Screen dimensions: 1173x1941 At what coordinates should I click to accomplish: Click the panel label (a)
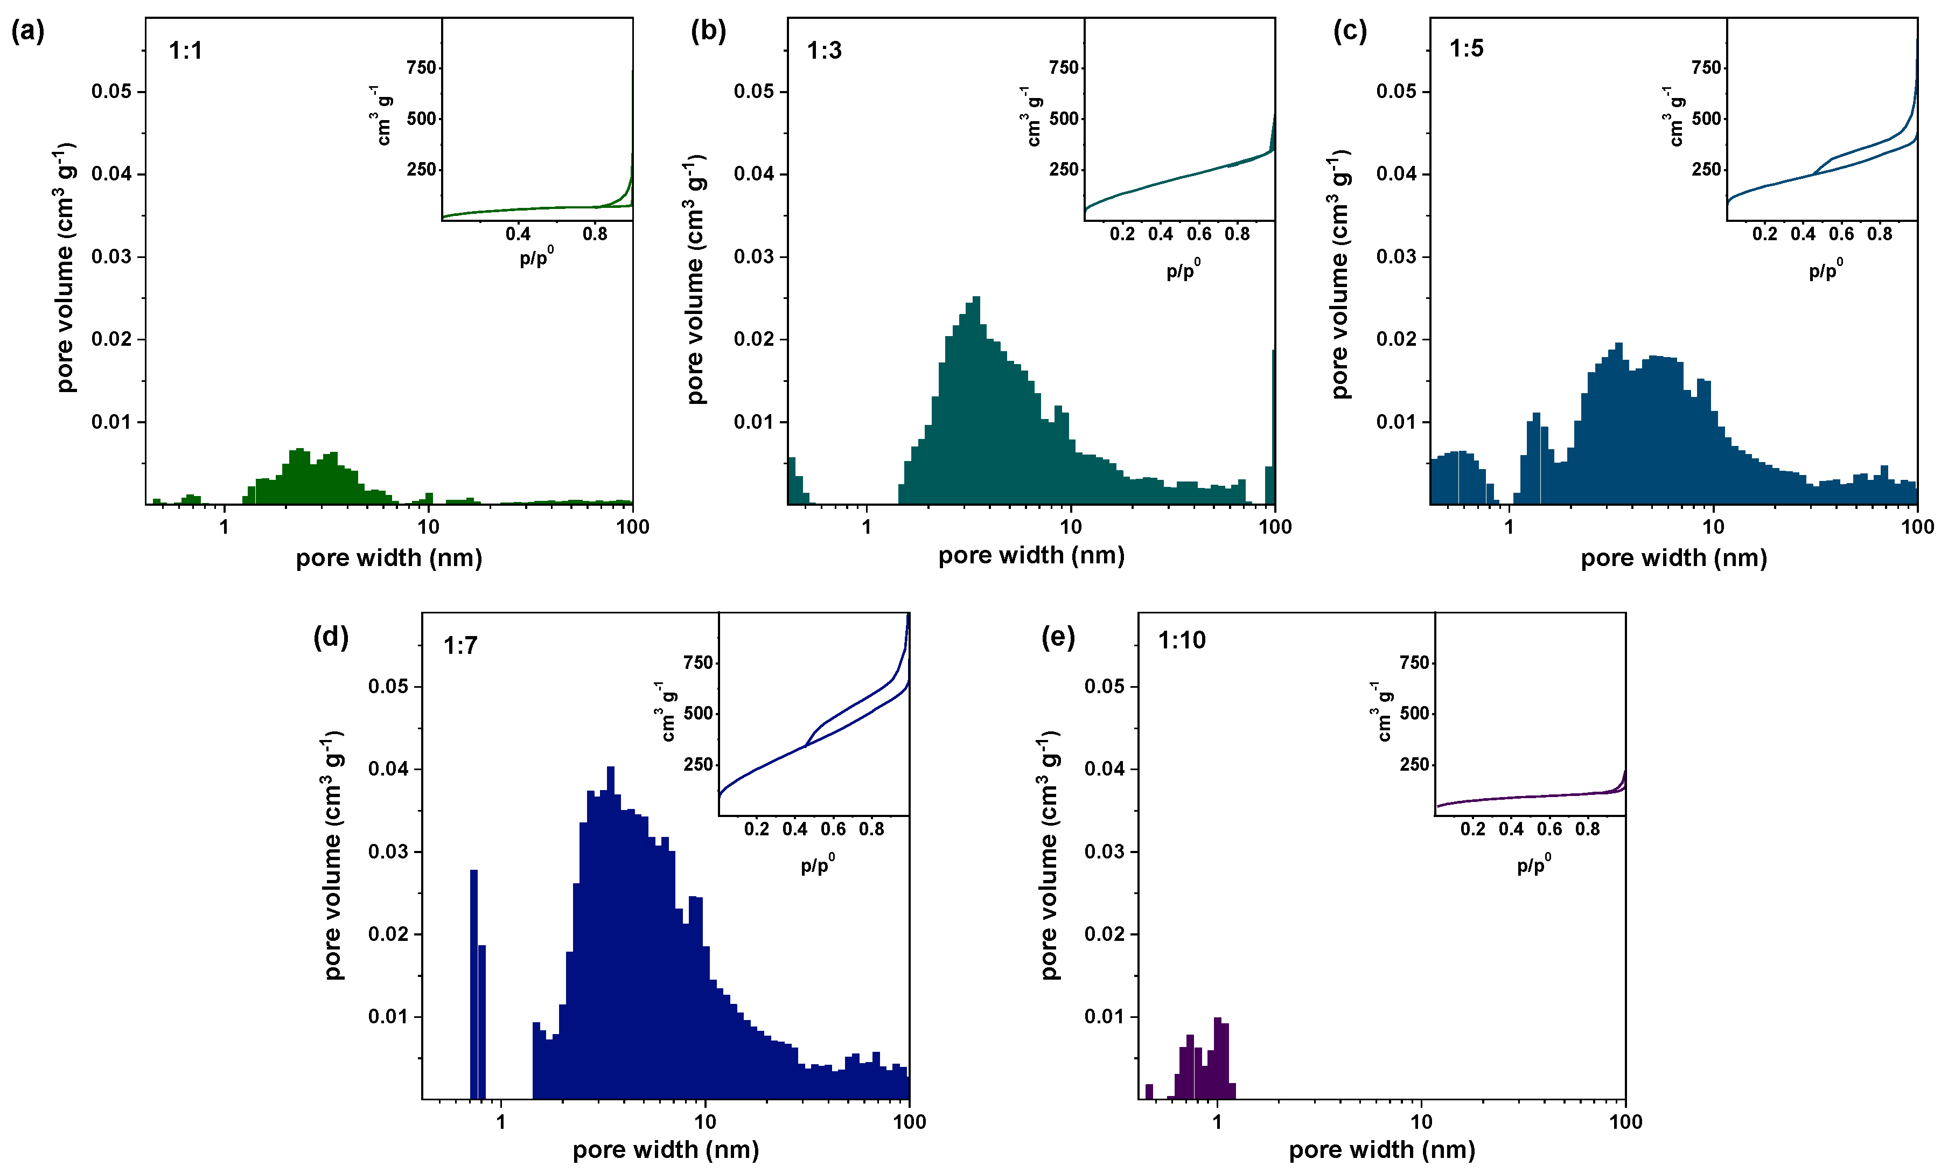tap(27, 32)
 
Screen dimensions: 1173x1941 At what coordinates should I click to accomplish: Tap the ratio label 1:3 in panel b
tap(824, 51)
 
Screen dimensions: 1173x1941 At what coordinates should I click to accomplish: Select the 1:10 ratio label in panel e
tap(1181, 640)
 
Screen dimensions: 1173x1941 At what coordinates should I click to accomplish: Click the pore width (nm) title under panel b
tap(1031, 555)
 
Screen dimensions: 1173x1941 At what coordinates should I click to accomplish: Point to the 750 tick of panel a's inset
tap(422, 68)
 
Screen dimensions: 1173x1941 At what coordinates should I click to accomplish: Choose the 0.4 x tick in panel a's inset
tap(518, 234)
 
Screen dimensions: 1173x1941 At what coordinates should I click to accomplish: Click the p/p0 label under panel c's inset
tap(1825, 270)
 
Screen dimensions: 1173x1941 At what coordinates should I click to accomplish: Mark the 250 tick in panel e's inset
tap(1414, 764)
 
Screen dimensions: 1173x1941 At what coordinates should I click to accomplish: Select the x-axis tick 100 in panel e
tap(1625, 1122)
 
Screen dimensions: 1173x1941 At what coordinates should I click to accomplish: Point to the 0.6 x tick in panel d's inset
tap(833, 829)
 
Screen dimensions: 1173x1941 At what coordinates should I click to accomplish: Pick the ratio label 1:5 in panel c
tap(1466, 48)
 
